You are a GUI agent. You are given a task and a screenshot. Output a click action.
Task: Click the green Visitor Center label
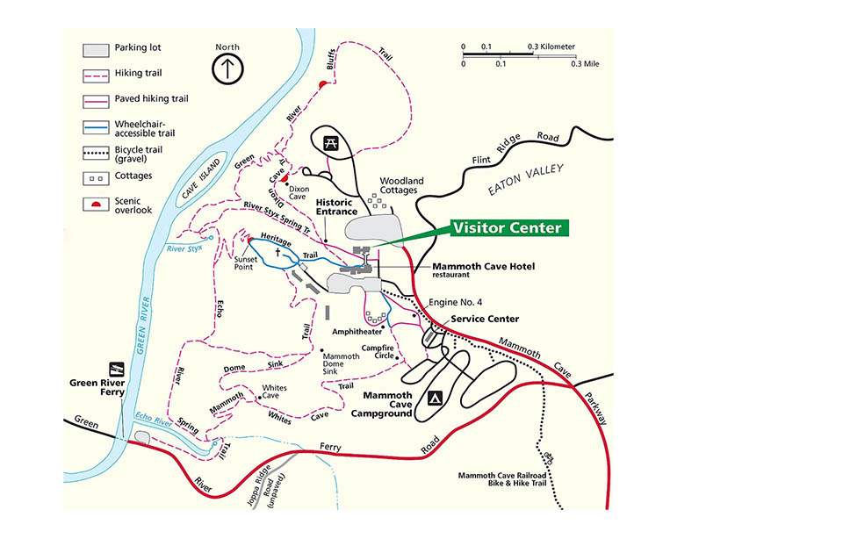pos(506,228)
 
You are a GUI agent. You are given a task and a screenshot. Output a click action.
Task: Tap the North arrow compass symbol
pos(227,67)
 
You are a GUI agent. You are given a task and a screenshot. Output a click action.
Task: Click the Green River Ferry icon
pos(114,368)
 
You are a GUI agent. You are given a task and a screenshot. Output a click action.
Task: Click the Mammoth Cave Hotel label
pos(484,266)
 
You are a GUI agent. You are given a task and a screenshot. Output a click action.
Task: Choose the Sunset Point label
pos(244,263)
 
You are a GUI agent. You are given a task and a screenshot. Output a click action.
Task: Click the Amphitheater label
pos(357,332)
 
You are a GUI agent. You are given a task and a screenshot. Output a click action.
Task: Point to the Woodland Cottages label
pos(400,186)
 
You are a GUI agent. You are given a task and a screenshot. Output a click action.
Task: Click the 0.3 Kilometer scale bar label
pos(551,47)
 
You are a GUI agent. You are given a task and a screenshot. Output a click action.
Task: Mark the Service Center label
pos(485,319)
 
